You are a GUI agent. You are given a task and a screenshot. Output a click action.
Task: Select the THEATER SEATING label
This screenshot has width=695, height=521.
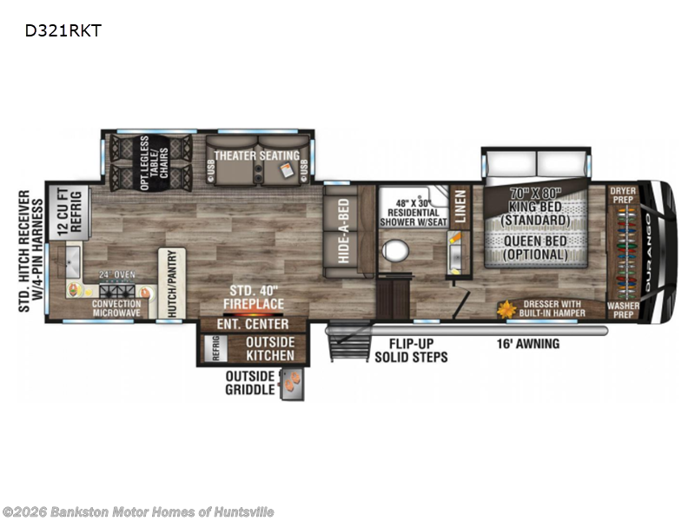pyautogui.click(x=257, y=155)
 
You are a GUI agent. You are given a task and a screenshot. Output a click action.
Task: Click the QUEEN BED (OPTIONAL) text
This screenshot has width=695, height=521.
pyautogui.click(x=534, y=248)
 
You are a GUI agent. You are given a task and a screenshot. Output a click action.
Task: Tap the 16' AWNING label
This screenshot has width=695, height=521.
pyautogui.click(x=529, y=344)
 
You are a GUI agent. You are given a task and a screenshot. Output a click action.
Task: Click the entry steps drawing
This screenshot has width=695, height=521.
pyautogui.click(x=345, y=347)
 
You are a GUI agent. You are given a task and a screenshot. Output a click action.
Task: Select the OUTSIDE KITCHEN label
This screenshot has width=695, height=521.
pyautogui.click(x=269, y=348)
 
